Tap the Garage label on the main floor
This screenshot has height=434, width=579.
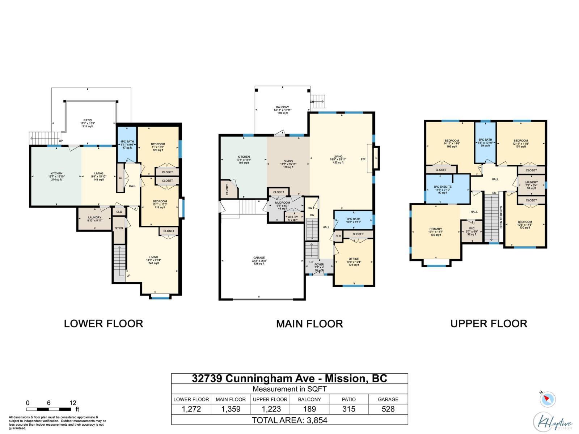point(259,258)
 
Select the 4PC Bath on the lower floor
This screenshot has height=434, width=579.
point(127,144)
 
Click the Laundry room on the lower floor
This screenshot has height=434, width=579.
point(94,219)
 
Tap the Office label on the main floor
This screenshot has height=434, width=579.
point(354,259)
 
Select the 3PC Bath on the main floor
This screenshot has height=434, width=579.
point(353,219)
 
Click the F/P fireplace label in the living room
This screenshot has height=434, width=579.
point(363,159)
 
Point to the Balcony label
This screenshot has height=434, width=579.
point(282,107)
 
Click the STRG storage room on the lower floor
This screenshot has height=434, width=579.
point(119,229)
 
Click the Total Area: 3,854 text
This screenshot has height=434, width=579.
point(289,420)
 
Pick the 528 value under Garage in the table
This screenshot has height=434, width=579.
point(388,409)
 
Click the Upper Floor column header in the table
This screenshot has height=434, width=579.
point(270,399)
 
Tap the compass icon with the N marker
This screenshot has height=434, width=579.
point(548,400)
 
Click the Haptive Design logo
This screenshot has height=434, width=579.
point(553,422)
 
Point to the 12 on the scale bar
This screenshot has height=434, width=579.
point(73,403)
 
